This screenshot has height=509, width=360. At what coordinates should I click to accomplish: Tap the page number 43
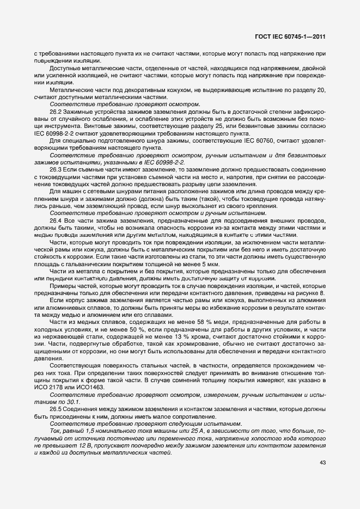pos(322,463)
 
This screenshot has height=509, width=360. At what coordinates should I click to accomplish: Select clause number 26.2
pos(56,111)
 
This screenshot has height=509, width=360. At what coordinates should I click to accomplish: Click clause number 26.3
pos(56,170)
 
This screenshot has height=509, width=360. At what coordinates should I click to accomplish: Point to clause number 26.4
pos(56,221)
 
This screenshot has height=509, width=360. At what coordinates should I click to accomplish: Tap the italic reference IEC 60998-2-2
pos(164,163)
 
